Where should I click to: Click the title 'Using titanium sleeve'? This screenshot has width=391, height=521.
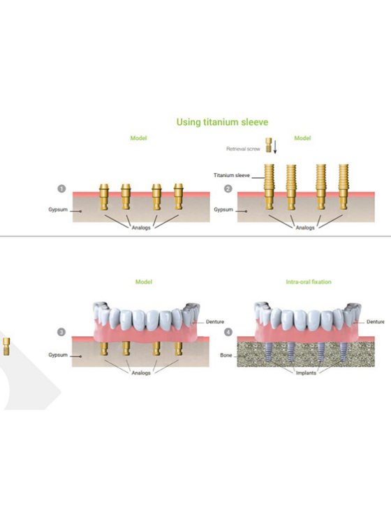[222, 122]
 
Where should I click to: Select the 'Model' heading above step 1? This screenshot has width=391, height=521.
[139, 138]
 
